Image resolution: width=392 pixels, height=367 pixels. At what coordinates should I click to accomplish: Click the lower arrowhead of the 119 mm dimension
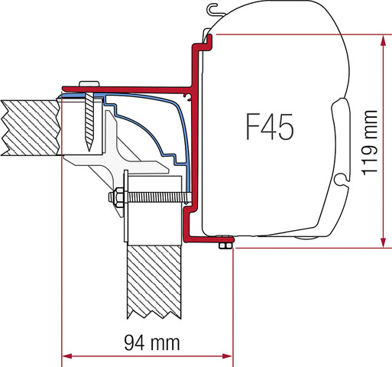(380, 242)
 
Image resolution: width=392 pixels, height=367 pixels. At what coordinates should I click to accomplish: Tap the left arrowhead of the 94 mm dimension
(66, 356)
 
